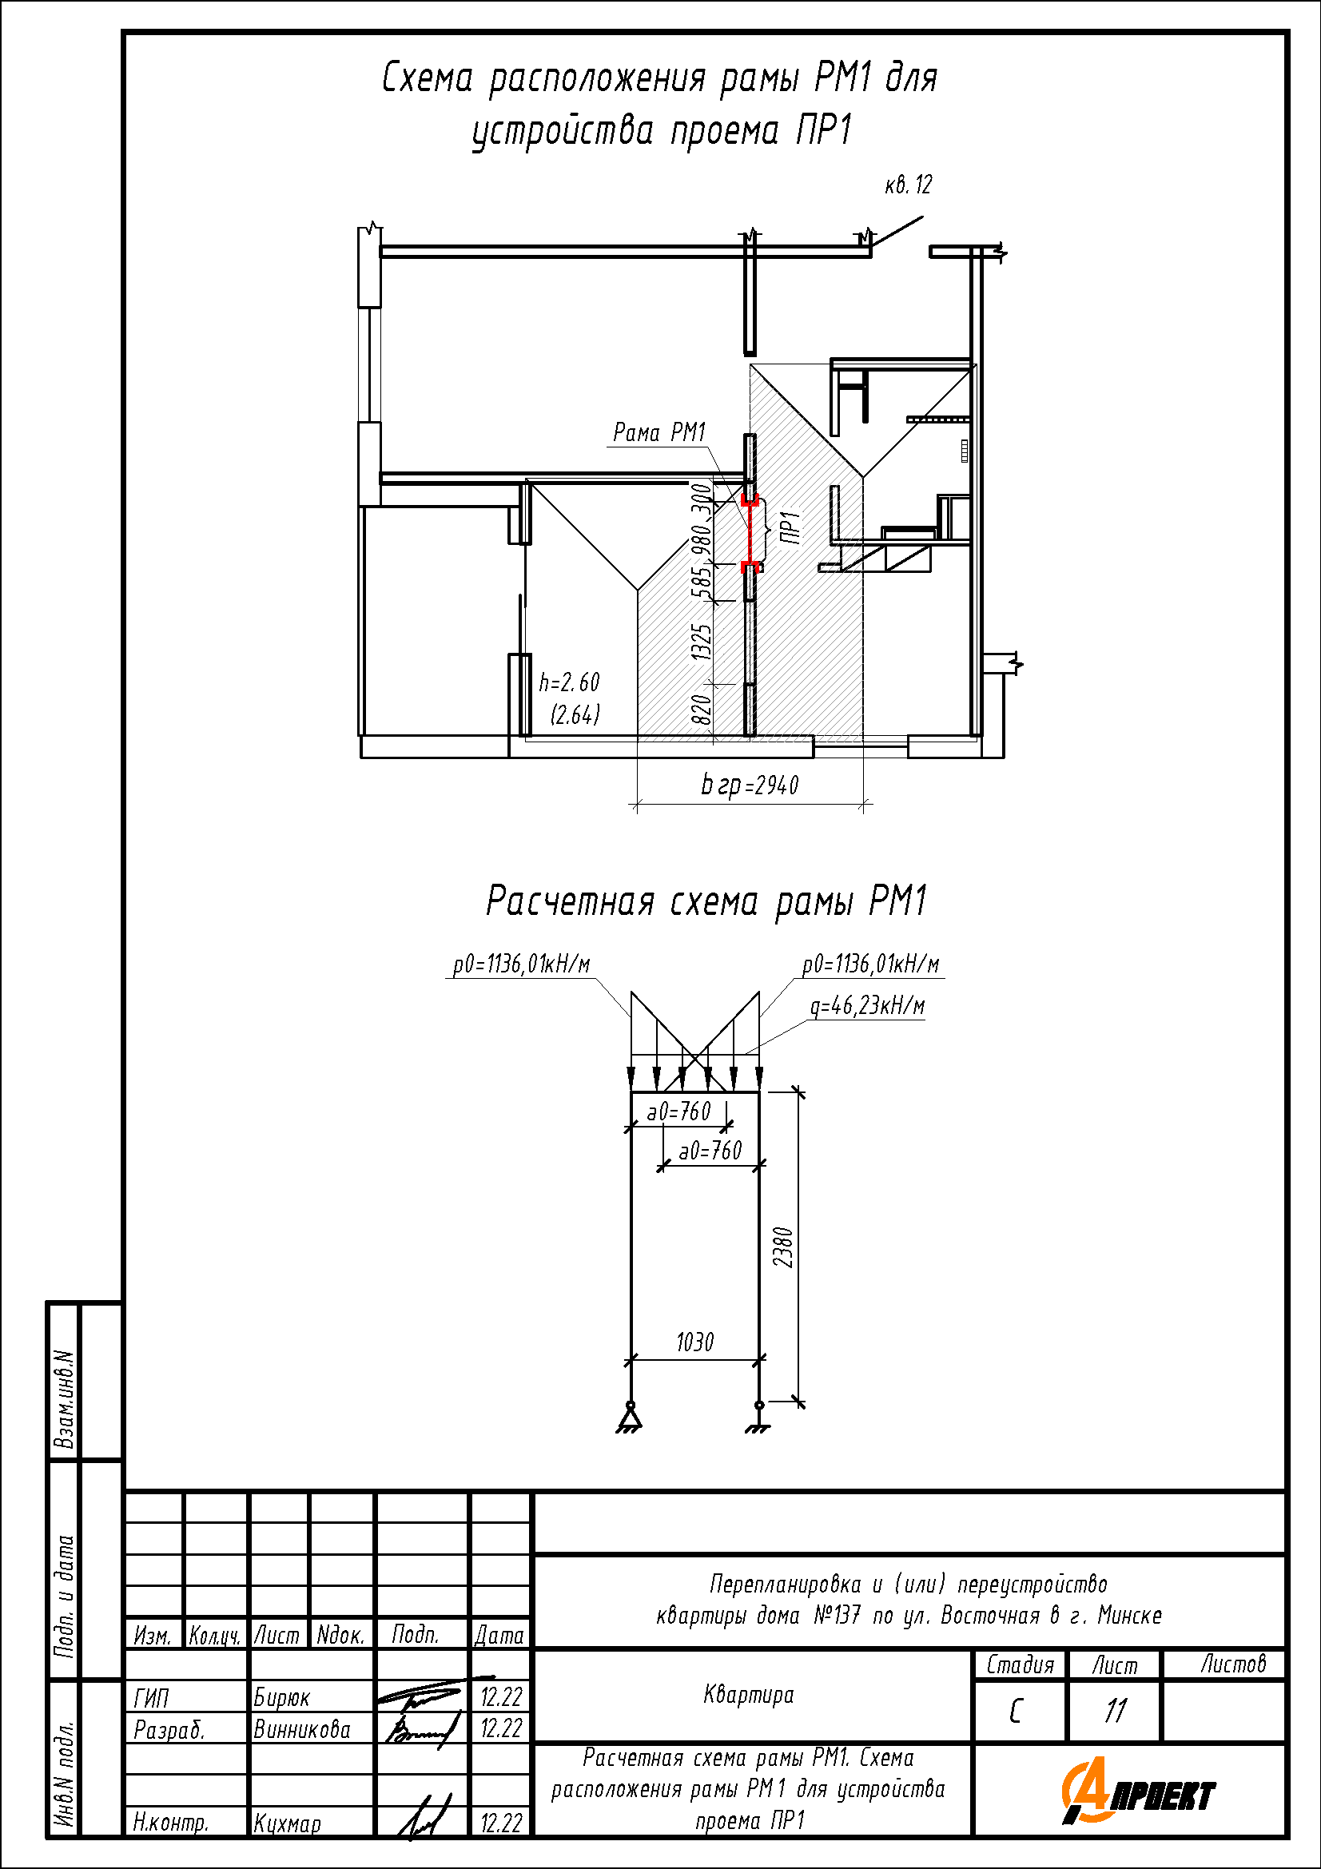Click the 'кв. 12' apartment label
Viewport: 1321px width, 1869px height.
pyautogui.click(x=909, y=185)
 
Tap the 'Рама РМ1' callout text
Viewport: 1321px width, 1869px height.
pyautogui.click(x=659, y=431)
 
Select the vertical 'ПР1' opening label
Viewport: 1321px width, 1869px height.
pyautogui.click(x=790, y=527)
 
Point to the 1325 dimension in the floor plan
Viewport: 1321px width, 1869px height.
pyautogui.click(x=702, y=642)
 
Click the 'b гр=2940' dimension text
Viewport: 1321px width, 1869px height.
pyautogui.click(x=750, y=785)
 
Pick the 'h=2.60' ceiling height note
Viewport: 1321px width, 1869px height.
pyautogui.click(x=569, y=682)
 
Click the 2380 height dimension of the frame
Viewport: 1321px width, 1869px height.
pyautogui.click(x=783, y=1247)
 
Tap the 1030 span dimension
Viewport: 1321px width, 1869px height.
pyautogui.click(x=695, y=1342)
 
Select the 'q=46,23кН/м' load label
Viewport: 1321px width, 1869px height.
pyautogui.click(x=868, y=1006)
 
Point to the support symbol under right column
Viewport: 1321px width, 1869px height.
pyautogui.click(x=758, y=1418)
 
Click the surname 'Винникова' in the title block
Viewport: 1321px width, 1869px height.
pyautogui.click(x=302, y=1729)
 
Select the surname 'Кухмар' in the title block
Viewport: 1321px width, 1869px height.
pyautogui.click(x=288, y=1823)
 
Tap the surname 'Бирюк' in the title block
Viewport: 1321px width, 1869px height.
pyautogui.click(x=281, y=1697)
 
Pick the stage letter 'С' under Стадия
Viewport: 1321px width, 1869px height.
pyautogui.click(x=1015, y=1711)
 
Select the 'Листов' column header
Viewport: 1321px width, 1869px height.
pyautogui.click(x=1234, y=1664)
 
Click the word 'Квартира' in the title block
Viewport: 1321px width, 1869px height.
pyautogui.click(x=749, y=1695)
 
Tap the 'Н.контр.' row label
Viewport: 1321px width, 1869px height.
pyautogui.click(x=171, y=1823)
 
